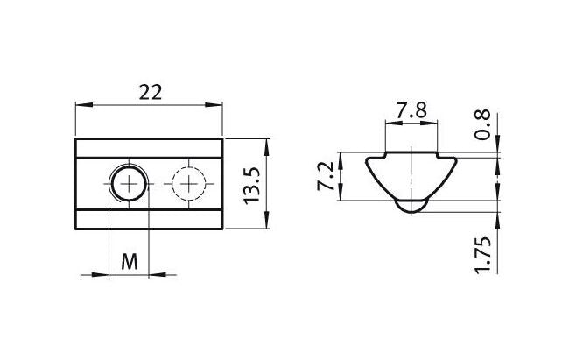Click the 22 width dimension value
coord(151,92)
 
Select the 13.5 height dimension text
coord(252,185)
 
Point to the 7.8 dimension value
coord(411,110)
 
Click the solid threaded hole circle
coord(129,183)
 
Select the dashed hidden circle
coord(189,183)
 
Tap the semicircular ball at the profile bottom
coord(411,206)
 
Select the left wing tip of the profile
coord(368,159)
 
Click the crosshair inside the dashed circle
coord(189,183)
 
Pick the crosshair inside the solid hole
coord(129,183)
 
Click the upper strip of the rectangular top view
coord(151,147)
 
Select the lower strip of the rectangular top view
coord(151,220)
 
